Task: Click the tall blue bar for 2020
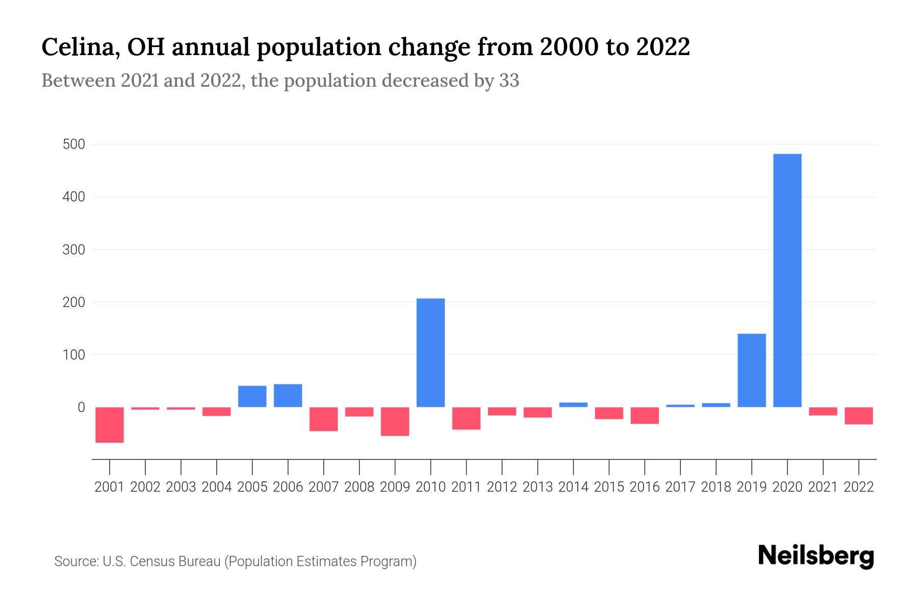[x=787, y=280]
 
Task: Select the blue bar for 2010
[x=430, y=352]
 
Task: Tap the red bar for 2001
[x=110, y=425]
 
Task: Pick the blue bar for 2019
[x=751, y=370]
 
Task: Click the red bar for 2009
[x=395, y=421]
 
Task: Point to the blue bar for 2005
[x=252, y=396]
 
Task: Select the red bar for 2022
[x=858, y=416]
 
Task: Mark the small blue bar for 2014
[x=573, y=404]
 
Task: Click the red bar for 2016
[x=645, y=416]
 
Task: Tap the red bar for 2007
[x=323, y=419]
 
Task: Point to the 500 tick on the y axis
[x=73, y=144]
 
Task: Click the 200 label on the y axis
[x=73, y=302]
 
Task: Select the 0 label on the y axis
[x=81, y=407]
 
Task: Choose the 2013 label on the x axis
[x=538, y=487]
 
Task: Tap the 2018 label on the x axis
[x=716, y=487]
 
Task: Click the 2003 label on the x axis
[x=181, y=487]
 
